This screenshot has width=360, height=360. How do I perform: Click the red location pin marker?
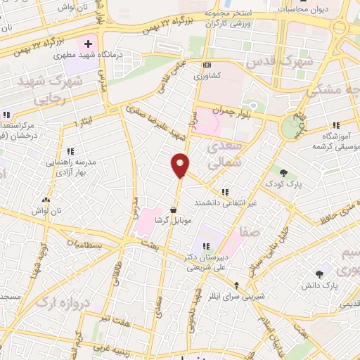(x=181, y=165)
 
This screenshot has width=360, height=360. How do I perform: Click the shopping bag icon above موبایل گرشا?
(x=174, y=210)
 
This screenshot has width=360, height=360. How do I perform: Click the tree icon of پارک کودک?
(x=284, y=172)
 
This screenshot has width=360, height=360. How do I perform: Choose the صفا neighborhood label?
(x=250, y=230)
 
